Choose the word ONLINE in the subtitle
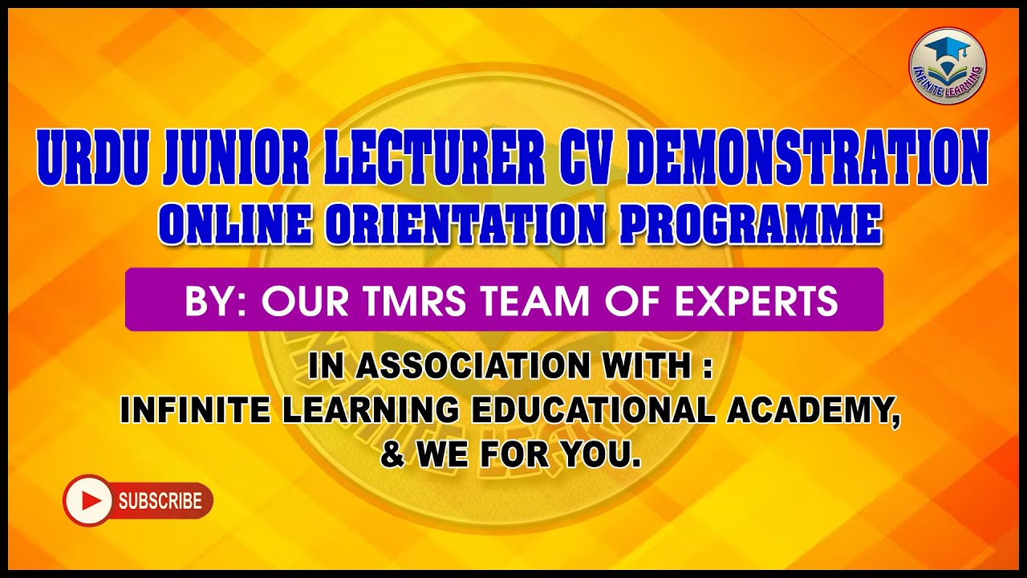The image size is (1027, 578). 233,225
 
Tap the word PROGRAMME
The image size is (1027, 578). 750,225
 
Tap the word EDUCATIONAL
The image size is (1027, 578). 593,411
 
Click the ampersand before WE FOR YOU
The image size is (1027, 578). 392,455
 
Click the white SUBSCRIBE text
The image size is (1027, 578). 160,501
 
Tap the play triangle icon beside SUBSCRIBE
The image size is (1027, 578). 89,501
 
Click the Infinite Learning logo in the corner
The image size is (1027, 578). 948,65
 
